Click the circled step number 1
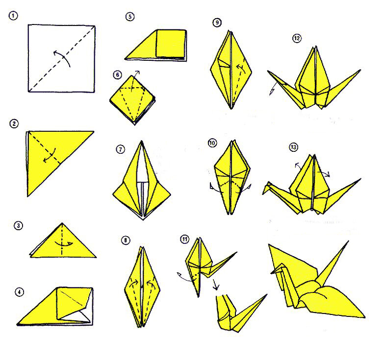[x=13, y=16]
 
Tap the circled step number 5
[x=130, y=17]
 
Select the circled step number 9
[x=217, y=23]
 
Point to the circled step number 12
[x=297, y=38]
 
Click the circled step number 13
[x=293, y=147]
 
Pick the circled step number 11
[x=185, y=240]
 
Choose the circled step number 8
[x=126, y=240]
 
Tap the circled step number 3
[x=18, y=226]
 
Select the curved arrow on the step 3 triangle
[x=64, y=244]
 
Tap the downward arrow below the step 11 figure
[x=215, y=285]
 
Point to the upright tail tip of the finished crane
[x=348, y=241]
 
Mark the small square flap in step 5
[x=171, y=44]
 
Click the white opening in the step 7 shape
[x=142, y=168]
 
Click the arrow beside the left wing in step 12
[x=274, y=89]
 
